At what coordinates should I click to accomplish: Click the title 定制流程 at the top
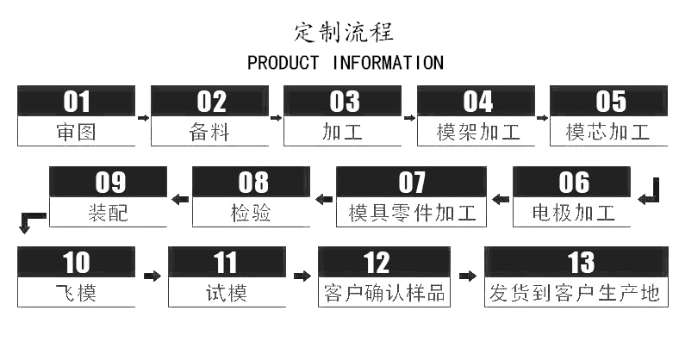click(343, 32)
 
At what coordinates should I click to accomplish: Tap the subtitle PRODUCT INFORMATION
click(345, 63)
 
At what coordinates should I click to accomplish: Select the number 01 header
click(76, 102)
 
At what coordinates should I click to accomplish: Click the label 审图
click(76, 133)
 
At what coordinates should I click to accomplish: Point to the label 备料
click(210, 133)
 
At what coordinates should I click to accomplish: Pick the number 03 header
click(344, 102)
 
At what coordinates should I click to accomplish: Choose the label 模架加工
click(477, 133)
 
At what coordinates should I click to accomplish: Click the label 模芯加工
click(608, 133)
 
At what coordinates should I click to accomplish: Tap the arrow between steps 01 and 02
click(143, 116)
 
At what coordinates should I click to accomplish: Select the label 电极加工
click(573, 213)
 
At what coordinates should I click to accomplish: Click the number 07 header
click(411, 183)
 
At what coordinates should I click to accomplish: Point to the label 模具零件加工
click(411, 213)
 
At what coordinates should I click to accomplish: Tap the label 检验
click(252, 213)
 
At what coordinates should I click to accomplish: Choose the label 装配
click(108, 213)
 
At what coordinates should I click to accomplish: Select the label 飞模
click(76, 293)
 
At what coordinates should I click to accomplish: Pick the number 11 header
click(226, 263)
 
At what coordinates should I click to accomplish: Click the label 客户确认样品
click(383, 293)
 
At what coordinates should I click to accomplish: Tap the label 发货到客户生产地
click(575, 293)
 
